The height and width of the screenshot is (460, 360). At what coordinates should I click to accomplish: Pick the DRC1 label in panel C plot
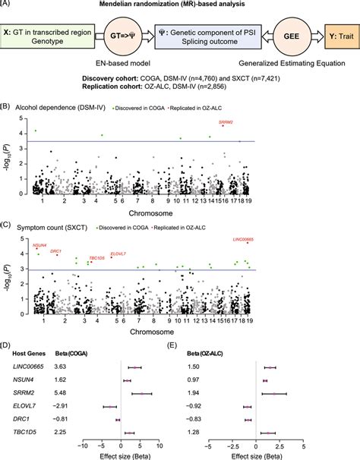62,251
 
